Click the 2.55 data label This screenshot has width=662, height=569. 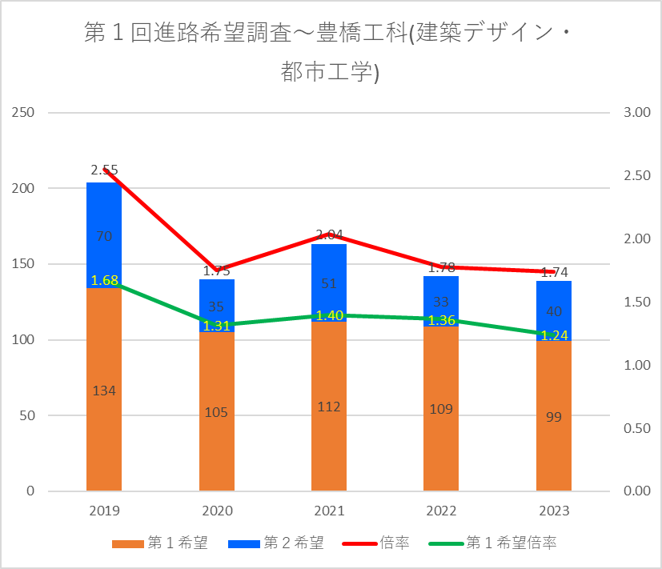[x=104, y=170]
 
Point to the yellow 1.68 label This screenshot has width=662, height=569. [x=104, y=281]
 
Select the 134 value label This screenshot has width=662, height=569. [x=104, y=391]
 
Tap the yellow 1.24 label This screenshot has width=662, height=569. [x=554, y=335]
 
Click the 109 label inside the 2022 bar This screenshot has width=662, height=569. [x=441, y=409]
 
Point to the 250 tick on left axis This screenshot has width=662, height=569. [x=23, y=112]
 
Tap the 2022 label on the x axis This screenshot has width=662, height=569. [x=441, y=511]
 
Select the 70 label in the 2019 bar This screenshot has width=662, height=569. [x=104, y=236]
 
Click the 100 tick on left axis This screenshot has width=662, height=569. [x=23, y=340]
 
